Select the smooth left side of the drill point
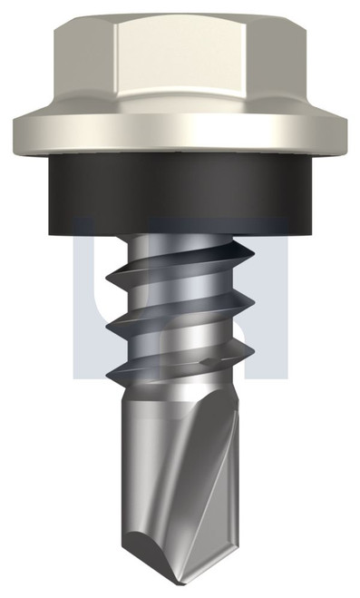pyautogui.click(x=145, y=472)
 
